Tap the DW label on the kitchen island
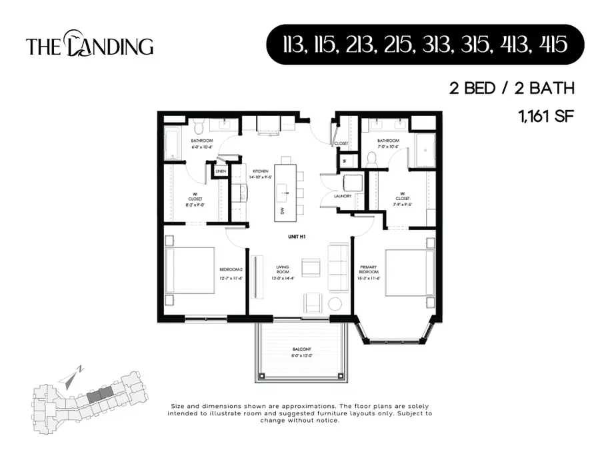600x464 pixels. (x=282, y=210)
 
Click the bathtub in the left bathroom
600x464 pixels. (x=173, y=143)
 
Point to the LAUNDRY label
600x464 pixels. (x=343, y=197)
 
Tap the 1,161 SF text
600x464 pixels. (x=545, y=115)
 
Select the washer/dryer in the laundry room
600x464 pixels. (x=352, y=183)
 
